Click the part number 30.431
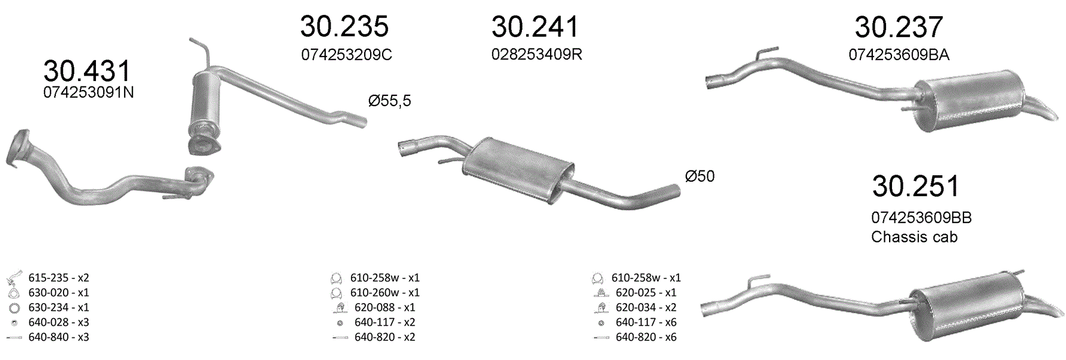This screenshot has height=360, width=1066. coord(87,71)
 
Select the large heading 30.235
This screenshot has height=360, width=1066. coord(344,26)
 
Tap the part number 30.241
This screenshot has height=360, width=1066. coord(535,26)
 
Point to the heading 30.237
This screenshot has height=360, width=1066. coord(899,27)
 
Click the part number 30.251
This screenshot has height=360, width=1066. coord(915,186)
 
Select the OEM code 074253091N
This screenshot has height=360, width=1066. coord(88,92)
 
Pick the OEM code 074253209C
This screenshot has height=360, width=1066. coord(346,55)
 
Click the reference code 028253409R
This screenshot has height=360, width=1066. coord(536,54)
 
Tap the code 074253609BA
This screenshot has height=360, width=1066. coord(899,55)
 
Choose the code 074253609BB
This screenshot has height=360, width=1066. coord(921,218)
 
